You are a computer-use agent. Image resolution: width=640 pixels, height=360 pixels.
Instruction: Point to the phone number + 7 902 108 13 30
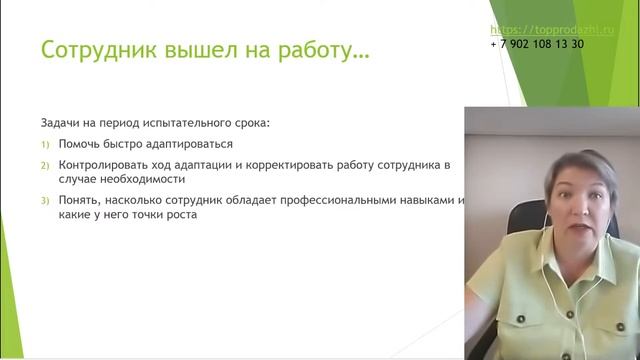(538, 45)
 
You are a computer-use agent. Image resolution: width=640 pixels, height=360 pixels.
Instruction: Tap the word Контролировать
(102, 164)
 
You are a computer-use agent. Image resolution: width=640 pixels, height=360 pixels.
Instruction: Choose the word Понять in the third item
(79, 201)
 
